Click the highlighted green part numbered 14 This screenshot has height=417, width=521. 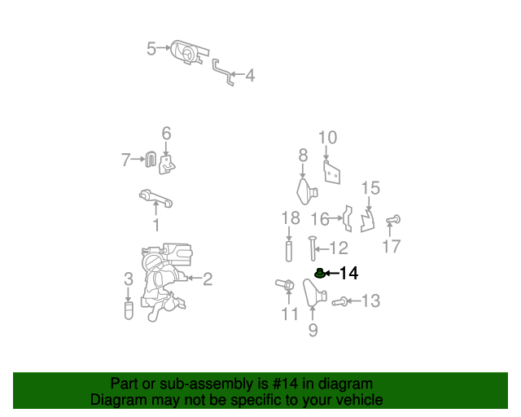(320, 274)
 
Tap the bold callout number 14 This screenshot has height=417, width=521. (349, 274)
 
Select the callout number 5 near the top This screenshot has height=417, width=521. (151, 49)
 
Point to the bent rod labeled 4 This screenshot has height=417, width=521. (223, 72)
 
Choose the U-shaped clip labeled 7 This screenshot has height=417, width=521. (151, 159)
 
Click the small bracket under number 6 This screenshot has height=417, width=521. (167, 165)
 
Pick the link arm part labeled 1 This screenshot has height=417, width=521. (155, 198)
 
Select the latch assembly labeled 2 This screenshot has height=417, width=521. (165, 281)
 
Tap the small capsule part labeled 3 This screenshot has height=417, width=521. (129, 310)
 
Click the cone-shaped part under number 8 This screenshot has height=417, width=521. (306, 191)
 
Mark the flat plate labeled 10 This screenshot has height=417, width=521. (331, 172)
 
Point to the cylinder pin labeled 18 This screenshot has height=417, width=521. (289, 251)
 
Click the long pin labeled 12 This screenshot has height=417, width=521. (313, 248)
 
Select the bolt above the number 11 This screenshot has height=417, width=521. (285, 285)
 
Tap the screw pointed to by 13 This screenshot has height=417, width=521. (339, 302)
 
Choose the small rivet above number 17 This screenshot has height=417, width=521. (393, 220)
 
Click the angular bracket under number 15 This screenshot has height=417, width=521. (368, 221)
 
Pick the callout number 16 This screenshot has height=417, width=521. (320, 219)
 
